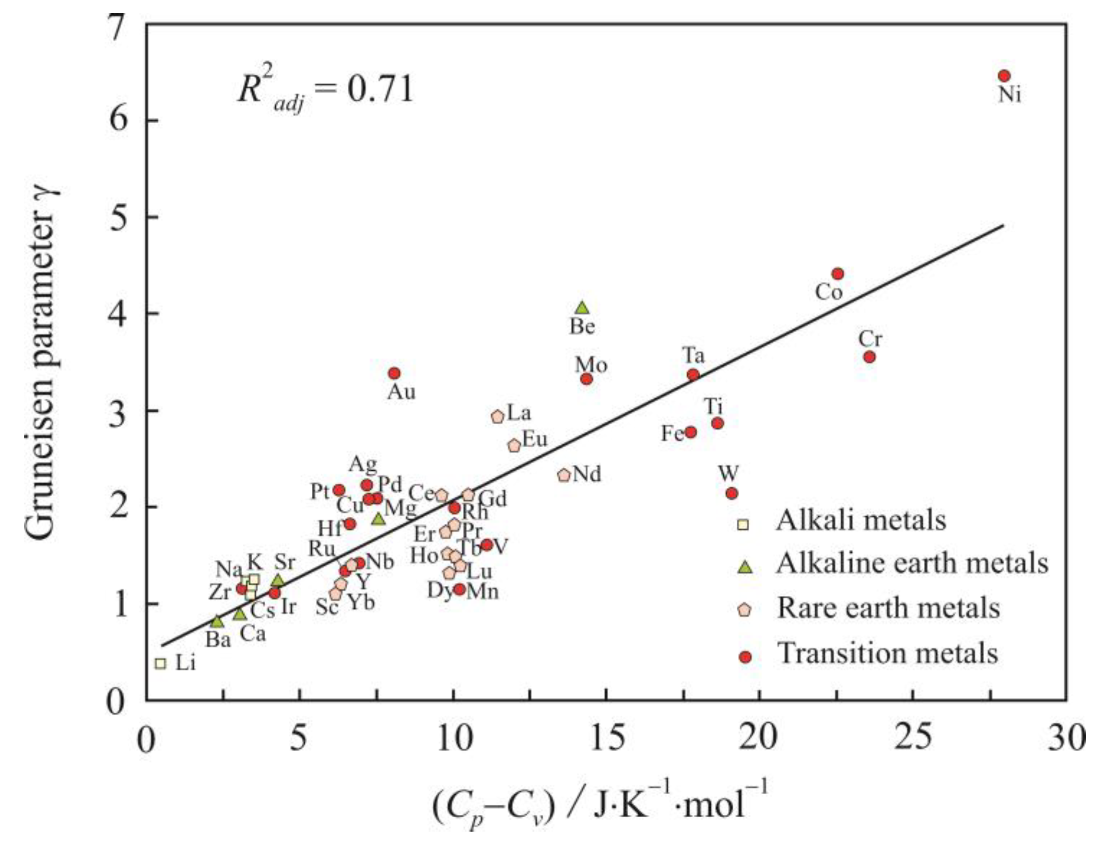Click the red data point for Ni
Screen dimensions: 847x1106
1004,76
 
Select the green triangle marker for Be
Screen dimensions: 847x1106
583,308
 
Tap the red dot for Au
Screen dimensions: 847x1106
394,373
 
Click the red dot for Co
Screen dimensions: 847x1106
838,274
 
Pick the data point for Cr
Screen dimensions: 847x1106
869,357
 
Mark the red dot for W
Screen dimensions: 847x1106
731,493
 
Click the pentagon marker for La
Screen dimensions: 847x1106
497,417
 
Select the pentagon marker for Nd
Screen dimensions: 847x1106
564,475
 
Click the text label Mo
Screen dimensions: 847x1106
591,365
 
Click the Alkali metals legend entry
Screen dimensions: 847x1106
860,520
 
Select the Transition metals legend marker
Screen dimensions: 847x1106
745,656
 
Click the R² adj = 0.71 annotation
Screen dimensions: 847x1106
325,91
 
